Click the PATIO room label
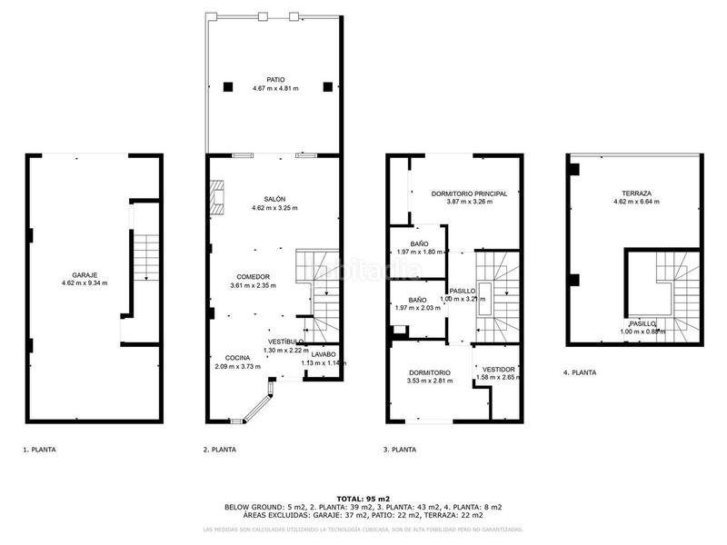tap(274, 80)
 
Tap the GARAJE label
tap(85, 274)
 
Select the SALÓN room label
tap(274, 199)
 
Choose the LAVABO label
tap(324, 354)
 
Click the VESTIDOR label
tap(499, 370)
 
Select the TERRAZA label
tap(636, 193)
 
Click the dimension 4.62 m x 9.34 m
tap(85, 283)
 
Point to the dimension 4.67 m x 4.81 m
tap(274, 88)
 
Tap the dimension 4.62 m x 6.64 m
tap(636, 201)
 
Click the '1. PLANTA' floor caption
tap(40, 449)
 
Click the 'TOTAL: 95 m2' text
tap(363, 499)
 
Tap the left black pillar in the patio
tap(228, 87)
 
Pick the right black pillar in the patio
tap(327, 87)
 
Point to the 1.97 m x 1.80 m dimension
tap(418, 252)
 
